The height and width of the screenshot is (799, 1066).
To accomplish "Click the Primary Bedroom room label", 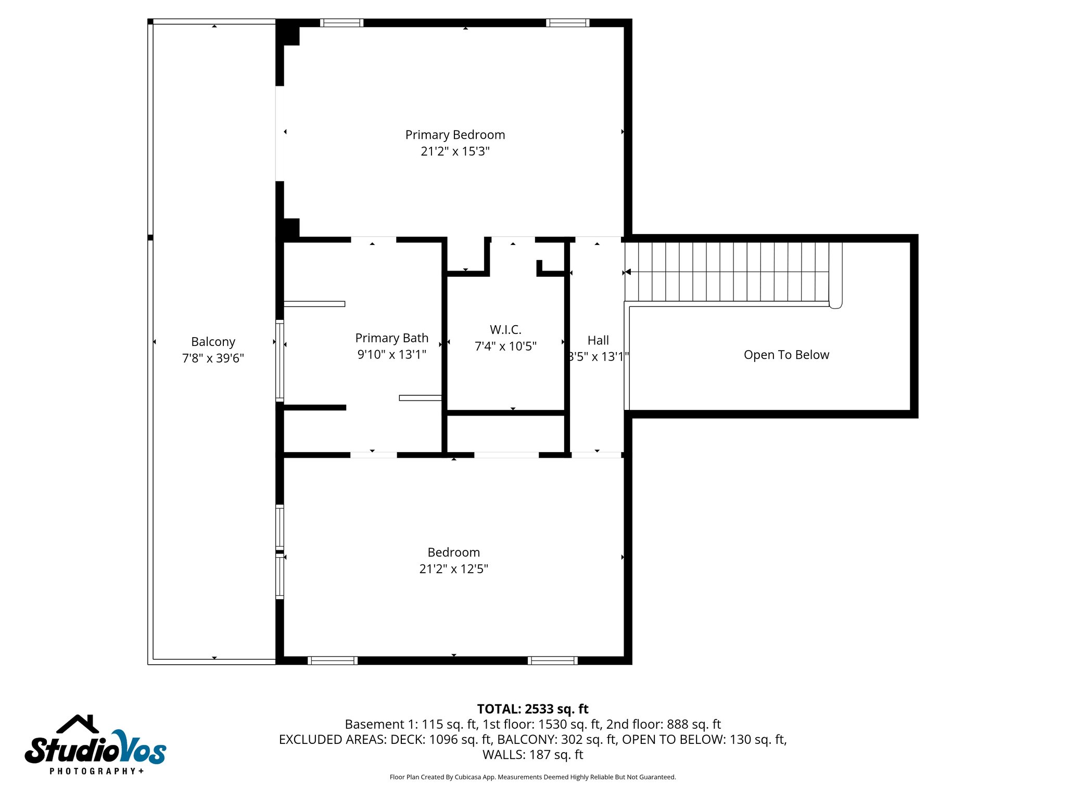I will click(x=455, y=135).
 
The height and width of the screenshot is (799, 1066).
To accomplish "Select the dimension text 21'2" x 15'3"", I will click(x=455, y=151).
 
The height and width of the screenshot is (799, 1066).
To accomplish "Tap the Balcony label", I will click(x=213, y=342).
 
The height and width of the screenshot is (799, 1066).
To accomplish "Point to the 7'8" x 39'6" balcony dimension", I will click(x=213, y=358).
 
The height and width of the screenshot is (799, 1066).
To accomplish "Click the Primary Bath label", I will click(x=391, y=338).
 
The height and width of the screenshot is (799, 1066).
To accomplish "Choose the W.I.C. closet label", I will click(x=505, y=330).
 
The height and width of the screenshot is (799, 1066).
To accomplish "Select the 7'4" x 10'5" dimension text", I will click(x=505, y=346).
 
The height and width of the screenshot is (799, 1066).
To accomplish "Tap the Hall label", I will click(x=598, y=340).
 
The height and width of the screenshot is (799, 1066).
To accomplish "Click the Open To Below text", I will click(x=786, y=355).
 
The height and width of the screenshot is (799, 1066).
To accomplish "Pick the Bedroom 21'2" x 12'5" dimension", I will click(x=453, y=569).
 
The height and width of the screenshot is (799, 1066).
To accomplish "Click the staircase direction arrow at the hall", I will click(x=628, y=272).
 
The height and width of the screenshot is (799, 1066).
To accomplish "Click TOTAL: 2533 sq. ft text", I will click(x=532, y=709).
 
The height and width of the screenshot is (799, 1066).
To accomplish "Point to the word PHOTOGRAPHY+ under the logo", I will click(x=97, y=771).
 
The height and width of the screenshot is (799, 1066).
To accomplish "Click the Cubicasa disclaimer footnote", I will click(x=532, y=777).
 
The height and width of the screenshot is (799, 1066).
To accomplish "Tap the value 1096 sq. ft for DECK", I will click(x=460, y=739).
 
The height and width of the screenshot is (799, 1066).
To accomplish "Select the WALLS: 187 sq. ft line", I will click(x=532, y=755).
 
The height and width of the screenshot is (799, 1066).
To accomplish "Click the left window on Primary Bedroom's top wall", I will click(x=341, y=23).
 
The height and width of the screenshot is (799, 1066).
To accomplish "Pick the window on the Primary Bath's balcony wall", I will click(x=280, y=360).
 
